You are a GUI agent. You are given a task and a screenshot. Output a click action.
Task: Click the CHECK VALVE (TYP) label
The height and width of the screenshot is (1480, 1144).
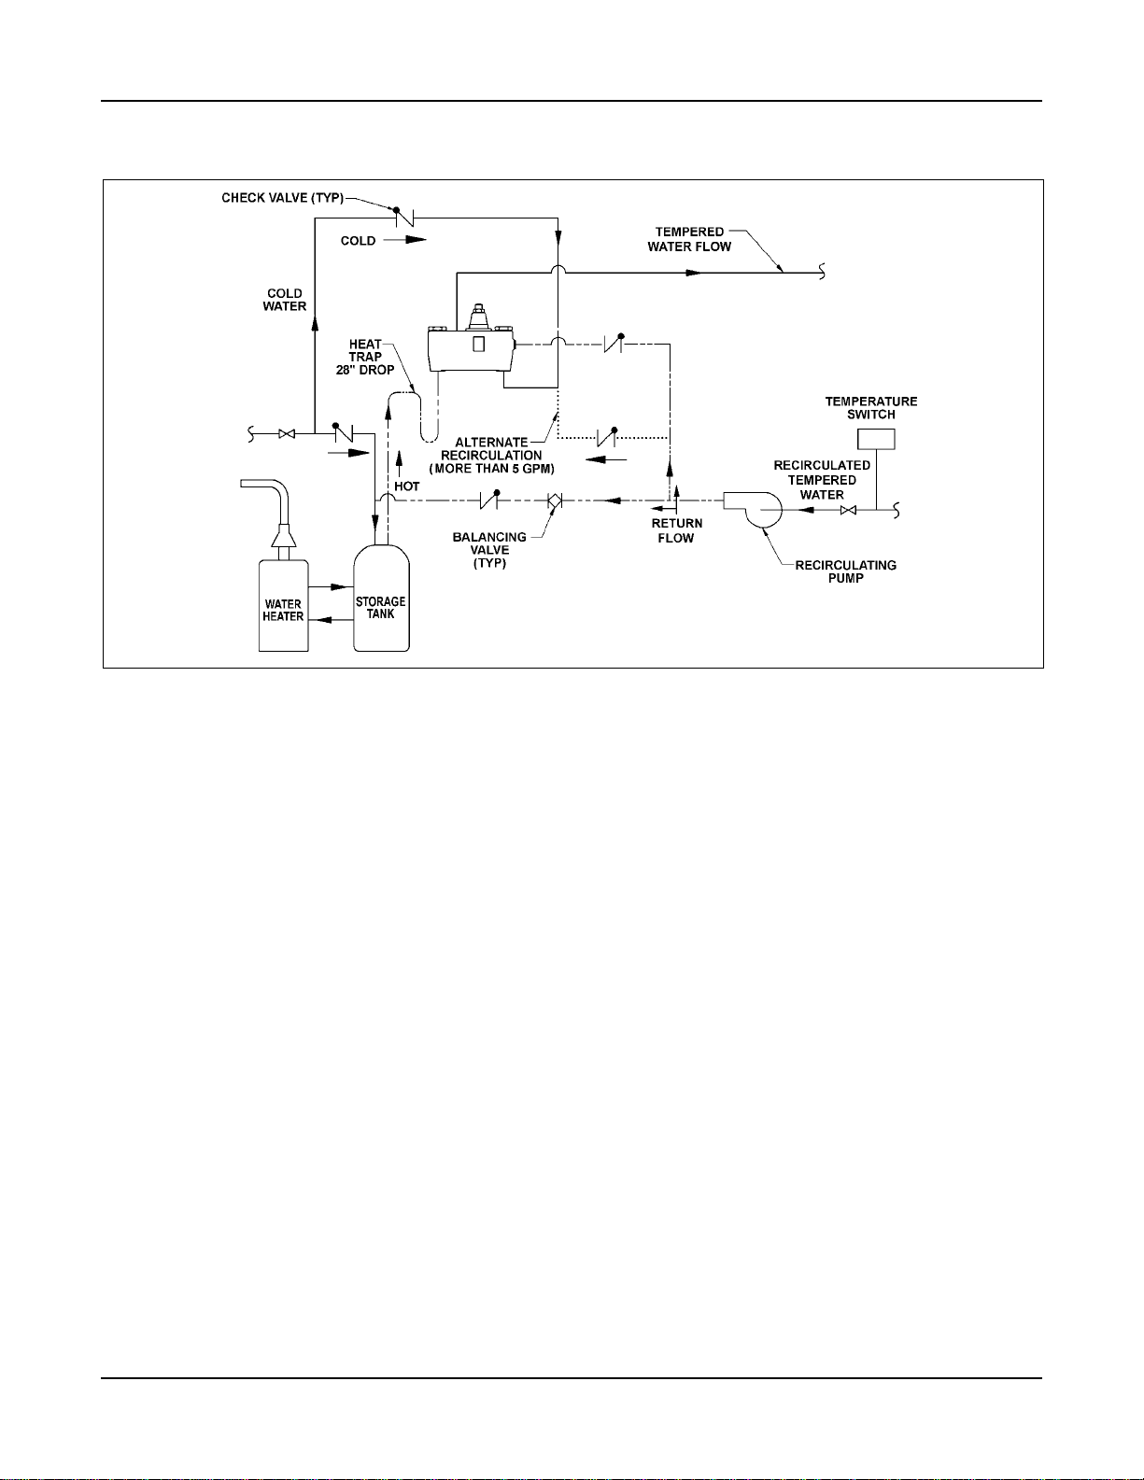click(x=282, y=198)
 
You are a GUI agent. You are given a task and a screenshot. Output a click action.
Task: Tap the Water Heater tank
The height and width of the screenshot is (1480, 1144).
click(x=283, y=605)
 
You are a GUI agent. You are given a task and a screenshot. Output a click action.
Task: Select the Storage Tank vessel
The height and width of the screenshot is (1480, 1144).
click(x=381, y=602)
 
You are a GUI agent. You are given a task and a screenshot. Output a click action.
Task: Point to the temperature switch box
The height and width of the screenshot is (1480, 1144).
click(x=876, y=439)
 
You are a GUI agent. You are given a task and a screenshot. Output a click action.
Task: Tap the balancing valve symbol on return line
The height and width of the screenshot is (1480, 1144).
click(x=554, y=501)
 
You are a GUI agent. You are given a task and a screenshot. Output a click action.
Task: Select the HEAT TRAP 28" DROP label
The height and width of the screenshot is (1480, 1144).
click(x=365, y=357)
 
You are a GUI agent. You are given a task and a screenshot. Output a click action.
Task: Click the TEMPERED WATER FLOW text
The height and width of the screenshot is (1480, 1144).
click(x=689, y=239)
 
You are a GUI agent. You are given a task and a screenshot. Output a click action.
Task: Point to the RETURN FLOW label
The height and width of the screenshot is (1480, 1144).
click(x=676, y=530)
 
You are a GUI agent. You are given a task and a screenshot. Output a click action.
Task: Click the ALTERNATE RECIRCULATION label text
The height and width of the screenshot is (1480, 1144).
click(x=492, y=455)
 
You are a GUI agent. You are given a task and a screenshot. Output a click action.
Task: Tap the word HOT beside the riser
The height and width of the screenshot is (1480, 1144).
click(x=406, y=486)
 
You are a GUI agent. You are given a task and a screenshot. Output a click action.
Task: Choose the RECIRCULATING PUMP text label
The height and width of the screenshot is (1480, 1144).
click(x=845, y=571)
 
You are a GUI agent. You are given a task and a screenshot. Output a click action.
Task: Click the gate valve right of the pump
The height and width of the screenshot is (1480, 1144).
click(x=848, y=510)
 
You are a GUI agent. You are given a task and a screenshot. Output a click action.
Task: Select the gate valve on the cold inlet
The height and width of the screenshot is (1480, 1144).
click(x=288, y=434)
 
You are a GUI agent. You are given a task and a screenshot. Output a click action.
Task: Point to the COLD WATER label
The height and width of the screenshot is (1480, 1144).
click(x=285, y=300)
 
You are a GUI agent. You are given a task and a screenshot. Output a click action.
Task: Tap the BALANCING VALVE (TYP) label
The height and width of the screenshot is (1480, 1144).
click(x=489, y=550)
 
